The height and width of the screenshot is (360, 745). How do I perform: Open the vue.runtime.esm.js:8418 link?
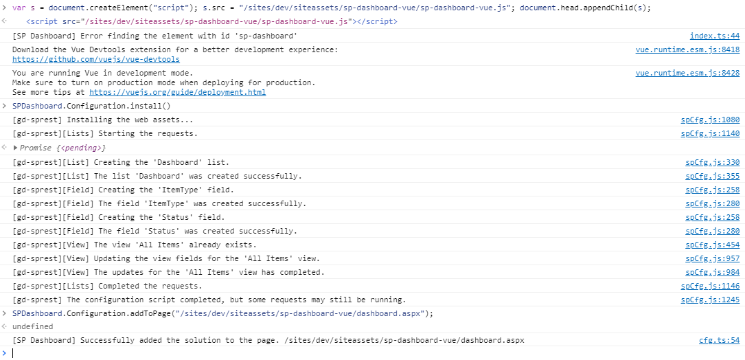(687, 49)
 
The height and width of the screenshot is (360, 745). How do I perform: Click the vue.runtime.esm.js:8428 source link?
(687, 73)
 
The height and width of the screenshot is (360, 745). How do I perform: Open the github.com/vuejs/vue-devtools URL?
(96, 60)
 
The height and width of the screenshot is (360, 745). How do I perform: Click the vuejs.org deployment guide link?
(178, 92)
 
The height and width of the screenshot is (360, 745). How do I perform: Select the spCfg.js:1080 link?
(710, 120)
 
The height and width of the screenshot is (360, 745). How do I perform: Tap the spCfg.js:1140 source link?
(710, 134)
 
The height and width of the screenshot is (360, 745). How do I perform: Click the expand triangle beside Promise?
(15, 148)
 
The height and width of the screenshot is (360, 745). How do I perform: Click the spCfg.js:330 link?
(712, 162)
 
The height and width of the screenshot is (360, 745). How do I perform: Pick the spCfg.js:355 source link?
(712, 176)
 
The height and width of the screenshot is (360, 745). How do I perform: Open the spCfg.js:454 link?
(712, 245)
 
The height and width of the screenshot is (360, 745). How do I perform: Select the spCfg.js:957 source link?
(712, 259)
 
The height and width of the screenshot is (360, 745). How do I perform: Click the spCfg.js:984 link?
(712, 273)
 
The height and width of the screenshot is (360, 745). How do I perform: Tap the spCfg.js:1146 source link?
(710, 286)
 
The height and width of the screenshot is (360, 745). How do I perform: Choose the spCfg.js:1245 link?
(710, 300)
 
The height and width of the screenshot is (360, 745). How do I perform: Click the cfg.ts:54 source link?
(720, 340)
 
